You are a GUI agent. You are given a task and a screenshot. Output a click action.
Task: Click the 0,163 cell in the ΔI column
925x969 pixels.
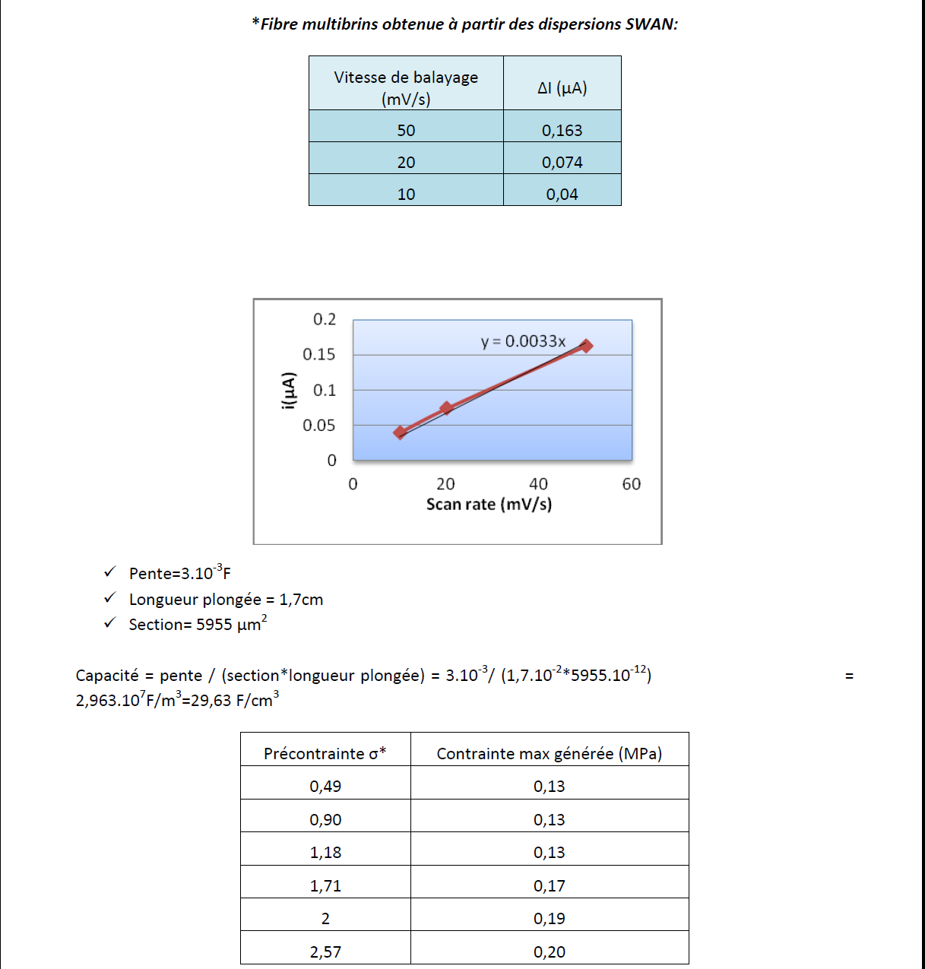562,130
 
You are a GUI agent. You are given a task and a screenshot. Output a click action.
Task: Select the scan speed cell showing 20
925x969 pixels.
406,162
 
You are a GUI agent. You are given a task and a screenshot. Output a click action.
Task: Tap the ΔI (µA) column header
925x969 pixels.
562,87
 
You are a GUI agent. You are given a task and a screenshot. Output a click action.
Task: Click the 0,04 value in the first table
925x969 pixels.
562,194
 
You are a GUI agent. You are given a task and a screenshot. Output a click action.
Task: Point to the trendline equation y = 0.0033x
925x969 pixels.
523,341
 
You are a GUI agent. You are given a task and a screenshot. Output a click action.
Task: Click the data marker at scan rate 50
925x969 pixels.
585,346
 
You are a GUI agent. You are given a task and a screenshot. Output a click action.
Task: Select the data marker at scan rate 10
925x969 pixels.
400,432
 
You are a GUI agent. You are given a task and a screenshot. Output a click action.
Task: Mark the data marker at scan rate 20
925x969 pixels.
446,408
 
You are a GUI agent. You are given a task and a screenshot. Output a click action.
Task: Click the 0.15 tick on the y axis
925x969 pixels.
318,354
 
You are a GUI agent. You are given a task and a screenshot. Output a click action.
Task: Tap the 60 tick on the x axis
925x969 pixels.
631,484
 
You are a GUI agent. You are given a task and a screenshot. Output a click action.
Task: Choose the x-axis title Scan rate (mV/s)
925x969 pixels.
489,504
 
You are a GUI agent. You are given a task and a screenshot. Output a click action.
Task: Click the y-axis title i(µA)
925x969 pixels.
287,391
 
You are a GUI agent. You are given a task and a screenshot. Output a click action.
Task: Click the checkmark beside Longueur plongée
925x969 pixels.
110,598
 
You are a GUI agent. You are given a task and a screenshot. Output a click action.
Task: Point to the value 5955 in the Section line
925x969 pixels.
214,625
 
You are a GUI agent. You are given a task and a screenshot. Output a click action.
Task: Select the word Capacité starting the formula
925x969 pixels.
107,675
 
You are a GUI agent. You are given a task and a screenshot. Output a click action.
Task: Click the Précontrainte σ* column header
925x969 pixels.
325,753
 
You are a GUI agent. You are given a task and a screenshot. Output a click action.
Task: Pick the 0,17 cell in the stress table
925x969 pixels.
549,885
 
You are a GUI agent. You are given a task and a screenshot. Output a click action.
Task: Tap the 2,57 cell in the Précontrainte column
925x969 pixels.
325,952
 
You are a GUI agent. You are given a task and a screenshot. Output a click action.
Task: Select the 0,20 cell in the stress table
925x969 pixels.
549,952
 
